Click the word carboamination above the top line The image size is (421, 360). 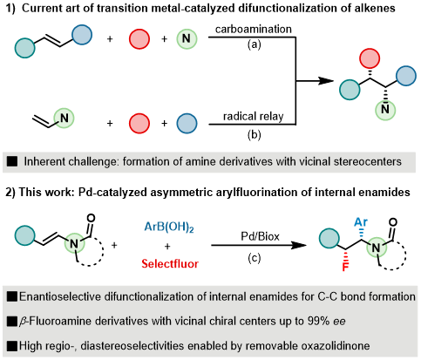pyautogui.click(x=254, y=29)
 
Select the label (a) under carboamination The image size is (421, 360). pyautogui.click(x=255, y=44)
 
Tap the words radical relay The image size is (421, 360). pyautogui.click(x=254, y=116)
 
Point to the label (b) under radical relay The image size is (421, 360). pyautogui.click(x=255, y=135)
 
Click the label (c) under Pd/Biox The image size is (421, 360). pyautogui.click(x=255, y=258)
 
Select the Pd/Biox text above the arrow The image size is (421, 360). pyautogui.click(x=260, y=236)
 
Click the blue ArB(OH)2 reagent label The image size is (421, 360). pyautogui.click(x=169, y=227)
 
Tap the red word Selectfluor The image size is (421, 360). pyautogui.click(x=170, y=264)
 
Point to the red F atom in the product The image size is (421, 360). pyautogui.click(x=345, y=267)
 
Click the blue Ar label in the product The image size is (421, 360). pyautogui.click(x=361, y=222)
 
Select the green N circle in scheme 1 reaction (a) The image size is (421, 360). pyautogui.click(x=187, y=38)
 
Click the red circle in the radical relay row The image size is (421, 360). pyautogui.click(x=139, y=123)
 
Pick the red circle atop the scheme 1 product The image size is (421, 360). pyautogui.click(x=370, y=59)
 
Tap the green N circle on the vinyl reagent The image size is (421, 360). pyautogui.click(x=64, y=119)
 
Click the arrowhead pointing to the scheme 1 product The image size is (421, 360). pyautogui.click(x=326, y=81)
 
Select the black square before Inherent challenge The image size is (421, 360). pyautogui.click(x=12, y=161)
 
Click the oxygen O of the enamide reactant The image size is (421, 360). pyautogui.click(x=91, y=218)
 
